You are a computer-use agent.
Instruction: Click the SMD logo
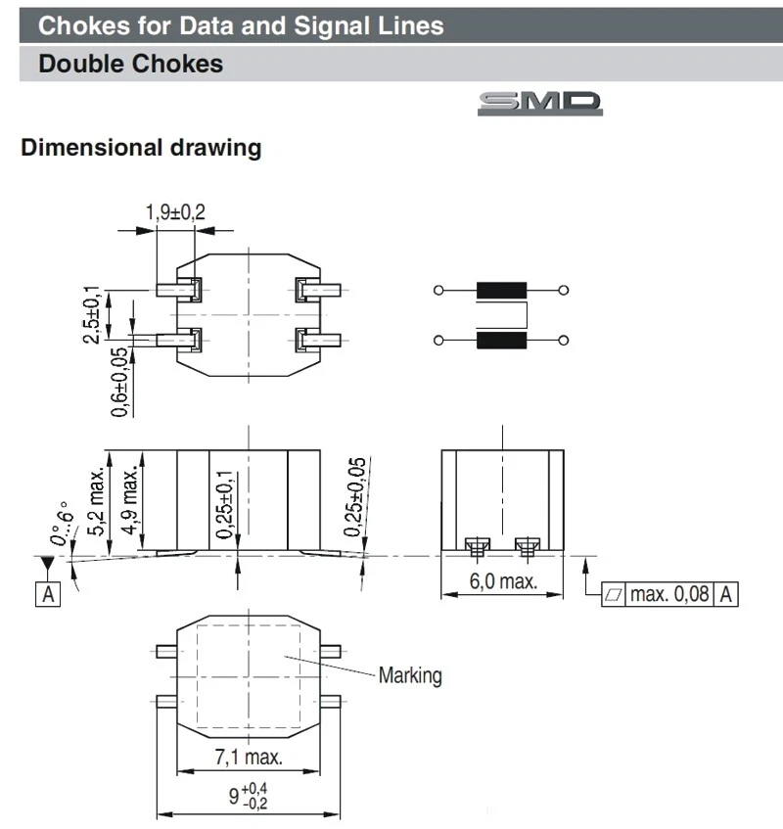pyautogui.click(x=539, y=104)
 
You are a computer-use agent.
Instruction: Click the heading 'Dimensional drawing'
pyautogui.click(x=141, y=149)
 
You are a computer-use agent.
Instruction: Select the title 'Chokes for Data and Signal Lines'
pyautogui.click(x=241, y=24)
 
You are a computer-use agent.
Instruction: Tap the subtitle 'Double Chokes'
pyautogui.click(x=130, y=66)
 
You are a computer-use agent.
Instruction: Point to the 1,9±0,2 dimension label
pyautogui.click(x=175, y=211)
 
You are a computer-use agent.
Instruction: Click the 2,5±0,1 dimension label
pyautogui.click(x=92, y=314)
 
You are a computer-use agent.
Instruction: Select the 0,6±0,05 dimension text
pyautogui.click(x=118, y=383)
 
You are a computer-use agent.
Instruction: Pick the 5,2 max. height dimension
pyautogui.click(x=98, y=501)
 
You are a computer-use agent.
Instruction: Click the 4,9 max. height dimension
pyautogui.click(x=130, y=501)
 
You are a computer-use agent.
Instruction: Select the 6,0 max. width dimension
pyautogui.click(x=503, y=581)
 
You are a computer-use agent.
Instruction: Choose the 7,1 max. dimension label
pyautogui.click(x=249, y=757)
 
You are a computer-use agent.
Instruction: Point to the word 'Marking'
pyautogui.click(x=410, y=675)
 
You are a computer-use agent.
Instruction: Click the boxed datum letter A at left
pyautogui.click(x=47, y=593)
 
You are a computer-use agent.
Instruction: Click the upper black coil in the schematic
pyautogui.click(x=500, y=291)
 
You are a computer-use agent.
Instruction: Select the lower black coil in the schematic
pyautogui.click(x=500, y=340)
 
